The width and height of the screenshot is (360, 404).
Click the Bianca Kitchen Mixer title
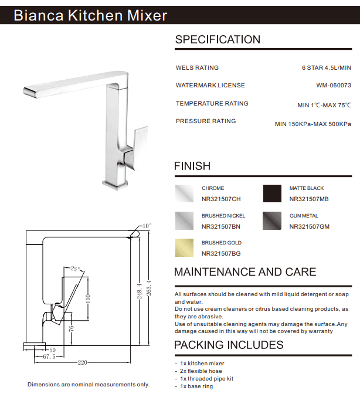point(90,15)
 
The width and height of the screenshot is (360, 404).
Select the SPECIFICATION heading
point(218,40)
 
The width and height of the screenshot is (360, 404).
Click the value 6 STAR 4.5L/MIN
point(326,68)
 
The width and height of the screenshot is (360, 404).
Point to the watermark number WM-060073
point(334,85)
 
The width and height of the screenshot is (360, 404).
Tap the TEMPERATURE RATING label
point(212,103)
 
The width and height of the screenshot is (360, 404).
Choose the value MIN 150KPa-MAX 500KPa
point(313,124)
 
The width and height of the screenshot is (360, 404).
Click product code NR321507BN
point(221,226)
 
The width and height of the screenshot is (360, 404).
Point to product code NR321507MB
point(309,199)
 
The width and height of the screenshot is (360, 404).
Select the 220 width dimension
point(83,362)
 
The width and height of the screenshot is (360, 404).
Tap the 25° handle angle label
point(74,269)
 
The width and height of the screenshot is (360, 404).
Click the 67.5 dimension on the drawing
point(49,355)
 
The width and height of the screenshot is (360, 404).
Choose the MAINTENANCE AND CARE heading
point(245,272)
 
